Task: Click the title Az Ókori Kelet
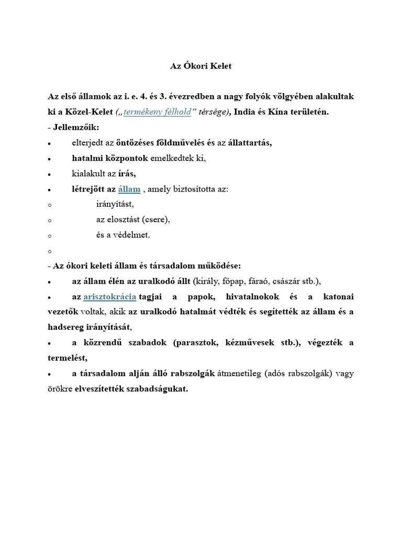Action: click(201, 66)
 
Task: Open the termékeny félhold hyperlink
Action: click(158, 112)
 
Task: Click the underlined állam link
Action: click(129, 189)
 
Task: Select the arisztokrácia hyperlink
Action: click(110, 297)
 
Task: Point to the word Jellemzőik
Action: click(75, 127)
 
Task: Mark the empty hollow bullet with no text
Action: click(49, 251)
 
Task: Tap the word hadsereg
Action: click(64, 328)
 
